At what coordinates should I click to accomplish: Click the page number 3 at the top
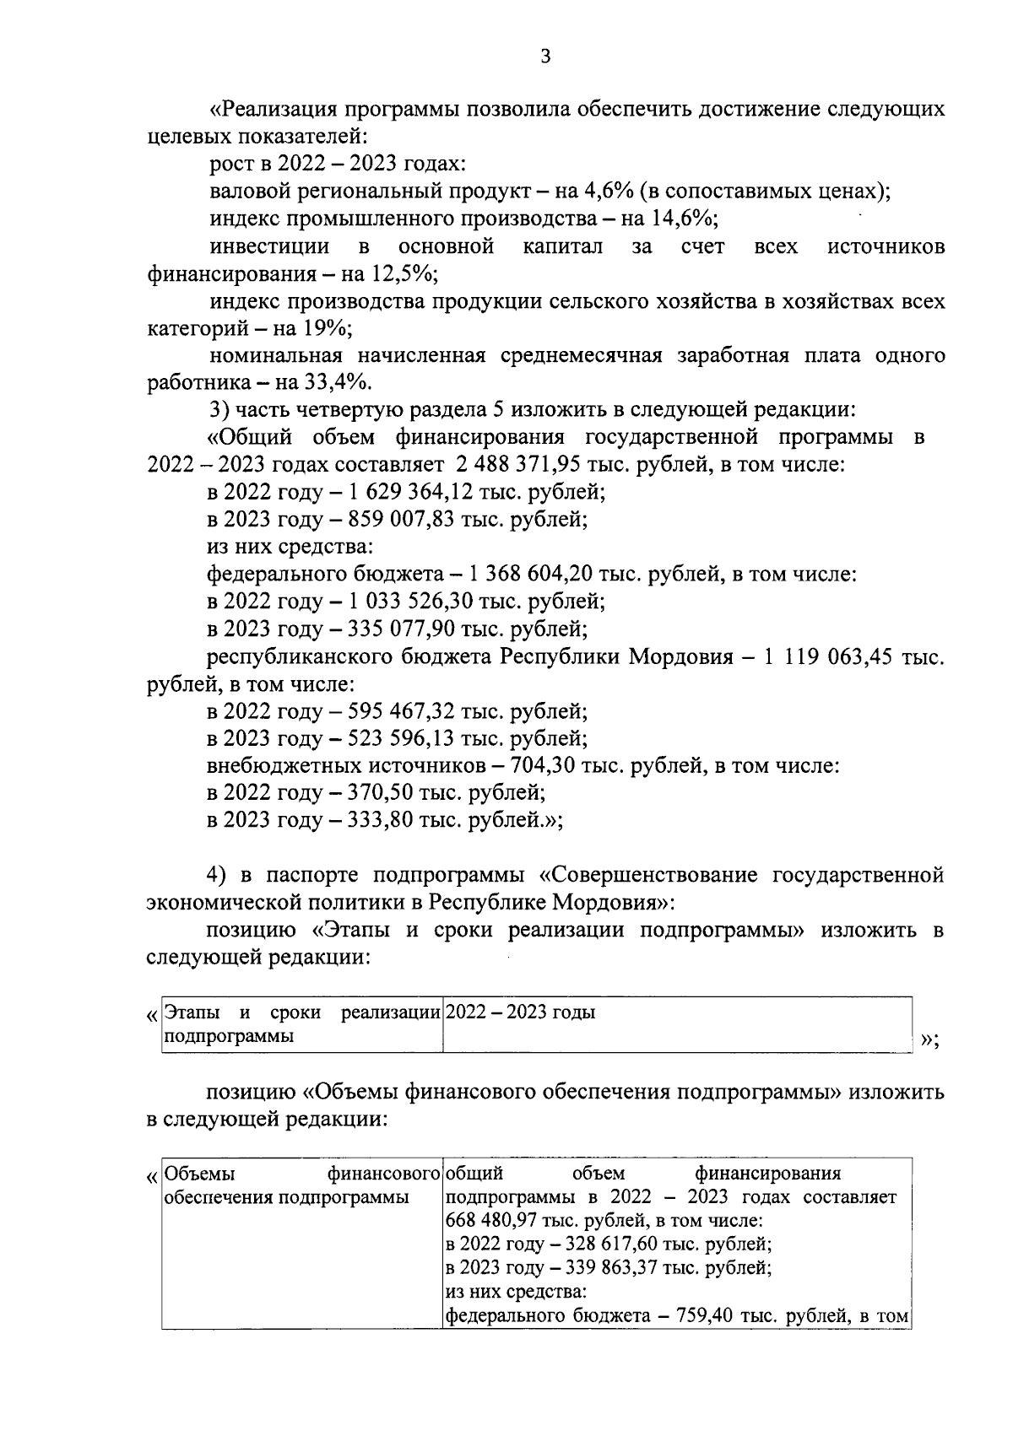[x=544, y=57]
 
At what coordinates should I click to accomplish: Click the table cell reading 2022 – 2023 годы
[x=520, y=1012]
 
